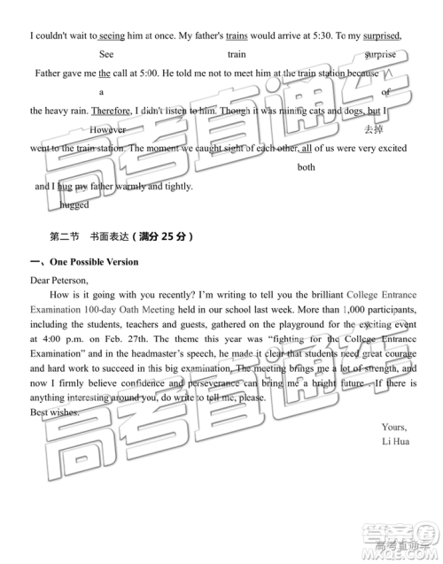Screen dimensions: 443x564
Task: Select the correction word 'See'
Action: coord(106,54)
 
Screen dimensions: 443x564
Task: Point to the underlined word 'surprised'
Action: coord(378,35)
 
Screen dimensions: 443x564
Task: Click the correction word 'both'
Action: coord(307,166)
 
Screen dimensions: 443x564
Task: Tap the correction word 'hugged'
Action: coord(74,205)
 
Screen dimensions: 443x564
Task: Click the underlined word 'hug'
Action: coord(64,187)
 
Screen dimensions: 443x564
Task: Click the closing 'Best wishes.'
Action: coord(54,413)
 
